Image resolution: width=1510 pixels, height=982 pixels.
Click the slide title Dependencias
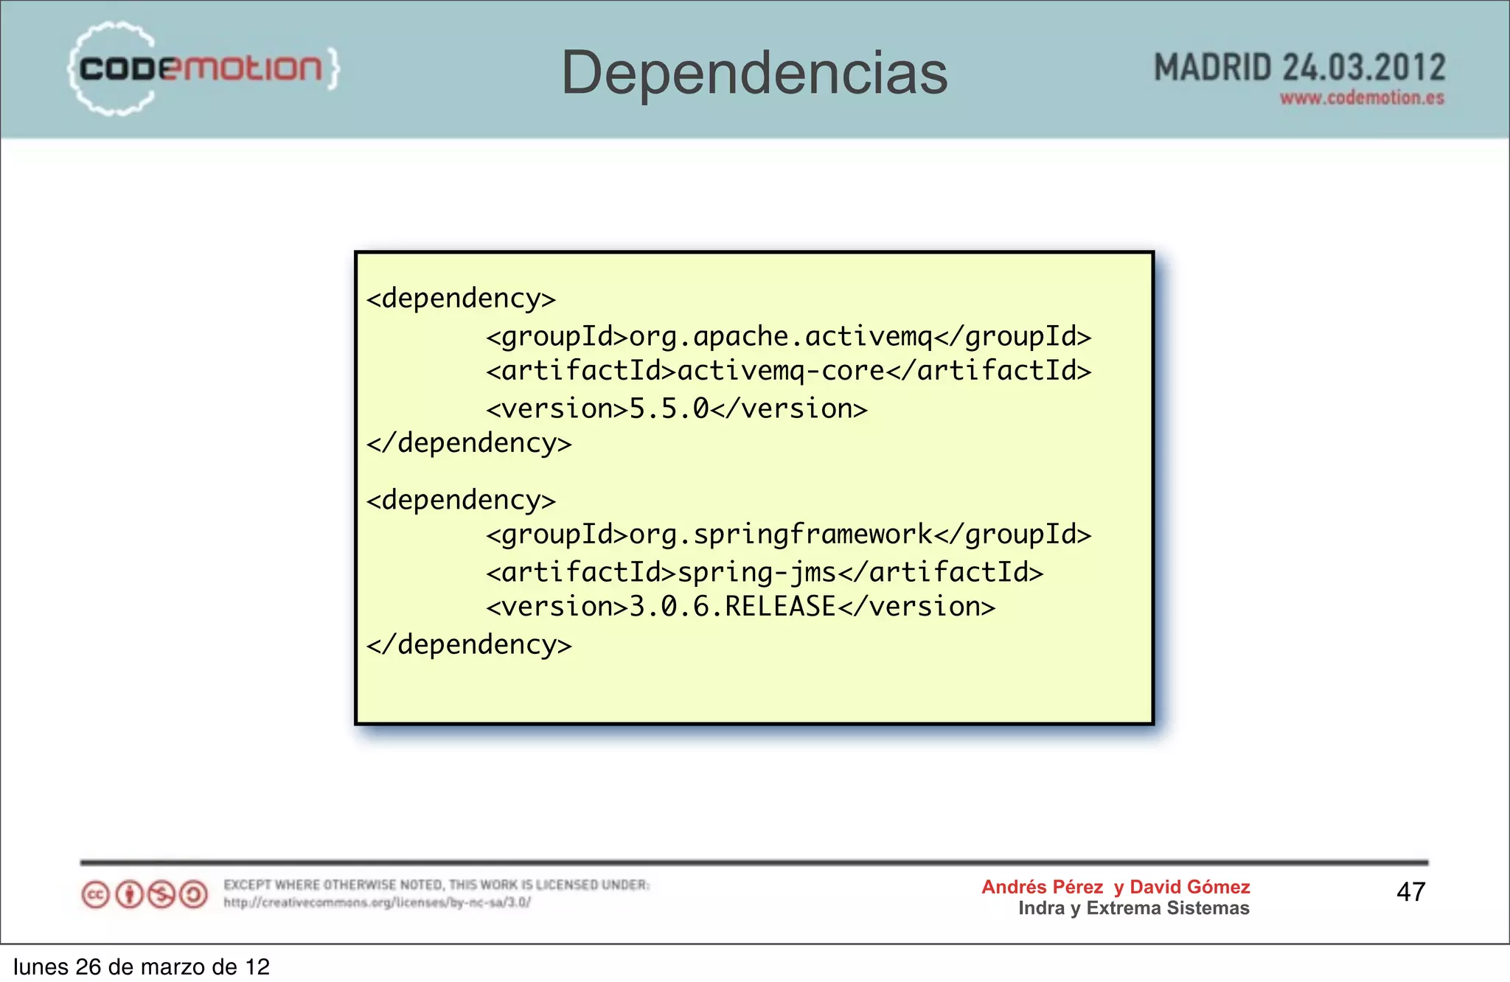[754, 73]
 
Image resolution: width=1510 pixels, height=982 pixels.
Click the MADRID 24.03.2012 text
[1298, 68]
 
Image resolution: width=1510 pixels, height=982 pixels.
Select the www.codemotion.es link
[1362, 98]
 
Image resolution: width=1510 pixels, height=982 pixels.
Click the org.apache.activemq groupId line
[788, 336]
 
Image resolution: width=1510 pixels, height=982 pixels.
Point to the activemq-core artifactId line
[788, 371]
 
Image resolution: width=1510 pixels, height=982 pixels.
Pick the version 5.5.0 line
[676, 408]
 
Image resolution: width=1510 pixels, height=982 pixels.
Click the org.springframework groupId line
[788, 534]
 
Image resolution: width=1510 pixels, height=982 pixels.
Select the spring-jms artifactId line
[765, 572]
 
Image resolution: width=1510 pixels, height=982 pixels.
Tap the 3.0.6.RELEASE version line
[740, 607]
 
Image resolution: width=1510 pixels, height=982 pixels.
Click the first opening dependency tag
[461, 299]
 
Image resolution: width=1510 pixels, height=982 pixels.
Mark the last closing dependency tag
[469, 645]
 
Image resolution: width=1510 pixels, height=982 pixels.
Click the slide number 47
[1410, 892]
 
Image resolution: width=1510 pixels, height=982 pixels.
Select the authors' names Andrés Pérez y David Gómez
[1116, 887]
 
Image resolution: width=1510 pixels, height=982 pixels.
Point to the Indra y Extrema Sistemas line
[1133, 908]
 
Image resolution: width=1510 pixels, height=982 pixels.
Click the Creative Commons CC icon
[96, 895]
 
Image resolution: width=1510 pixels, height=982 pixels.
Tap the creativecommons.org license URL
[377, 902]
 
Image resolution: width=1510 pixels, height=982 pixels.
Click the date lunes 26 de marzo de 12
[142, 967]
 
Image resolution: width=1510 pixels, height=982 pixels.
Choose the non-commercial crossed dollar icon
[161, 895]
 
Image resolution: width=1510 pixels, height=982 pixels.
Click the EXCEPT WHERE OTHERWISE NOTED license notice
[436, 885]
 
